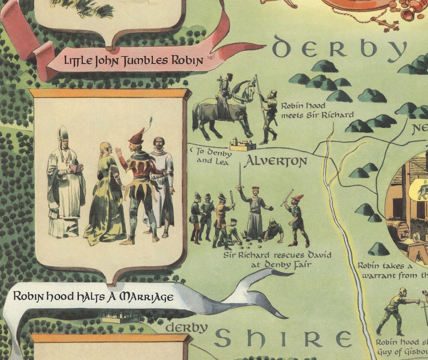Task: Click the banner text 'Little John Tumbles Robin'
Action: click(x=134, y=61)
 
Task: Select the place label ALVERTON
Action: click(x=276, y=162)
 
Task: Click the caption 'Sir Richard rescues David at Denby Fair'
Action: click(x=277, y=259)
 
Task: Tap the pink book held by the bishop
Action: click(x=77, y=168)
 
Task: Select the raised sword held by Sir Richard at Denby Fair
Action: click(x=240, y=177)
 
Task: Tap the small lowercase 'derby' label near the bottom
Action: click(x=187, y=328)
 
